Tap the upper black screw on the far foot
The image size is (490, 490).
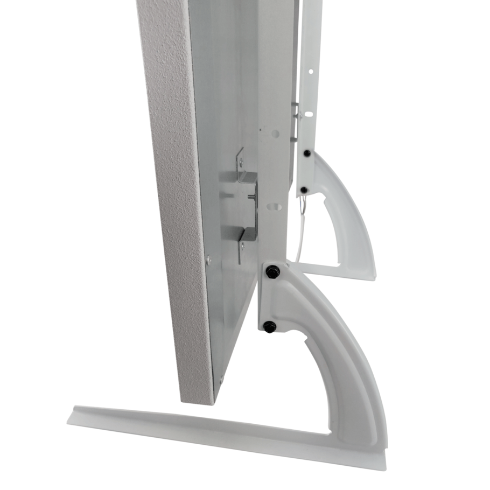[x=306, y=153]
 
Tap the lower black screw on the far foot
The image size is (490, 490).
[x=304, y=190]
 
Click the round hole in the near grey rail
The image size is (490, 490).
[x=276, y=133]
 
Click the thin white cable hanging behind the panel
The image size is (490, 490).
[x=300, y=237]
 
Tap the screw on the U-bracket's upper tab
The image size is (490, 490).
[x=241, y=160]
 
